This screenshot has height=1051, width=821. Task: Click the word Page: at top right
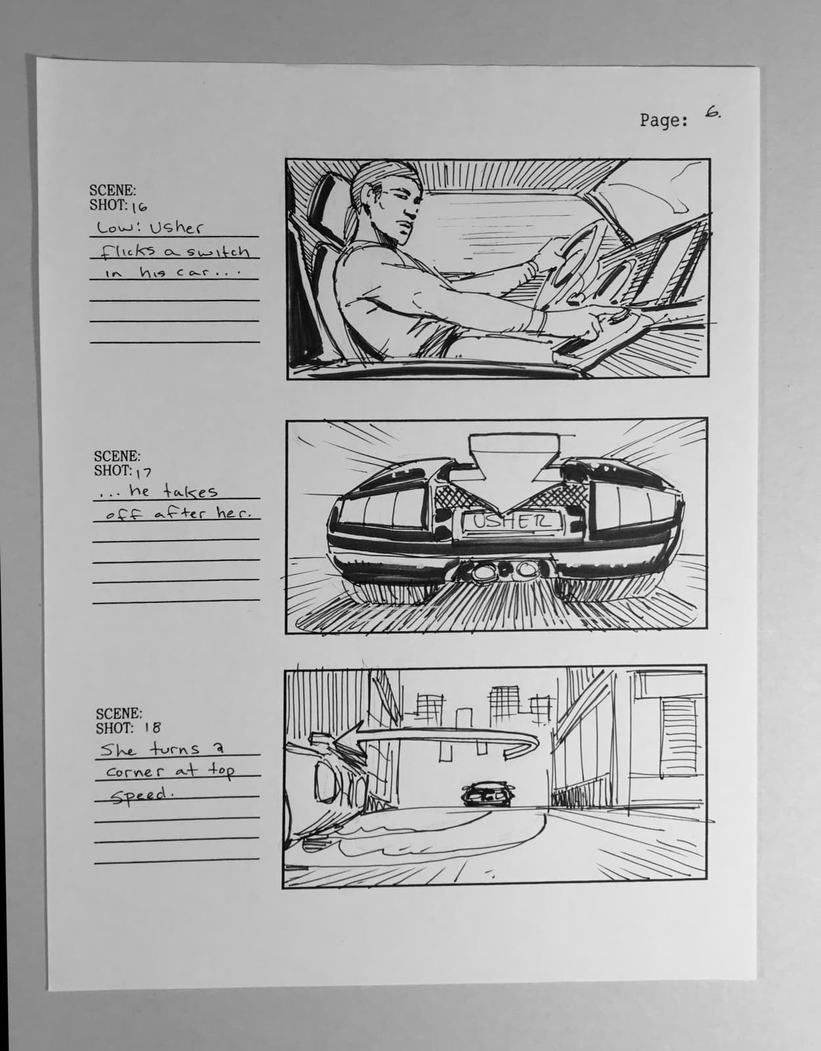[x=664, y=120]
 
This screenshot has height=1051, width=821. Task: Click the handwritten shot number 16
[x=139, y=208]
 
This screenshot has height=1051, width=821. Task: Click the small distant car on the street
[x=487, y=794]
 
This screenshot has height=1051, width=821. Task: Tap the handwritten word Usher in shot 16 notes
[x=177, y=229]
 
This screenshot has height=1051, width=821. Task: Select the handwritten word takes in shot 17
[x=190, y=491]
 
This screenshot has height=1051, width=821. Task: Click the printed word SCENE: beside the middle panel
[x=117, y=455]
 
